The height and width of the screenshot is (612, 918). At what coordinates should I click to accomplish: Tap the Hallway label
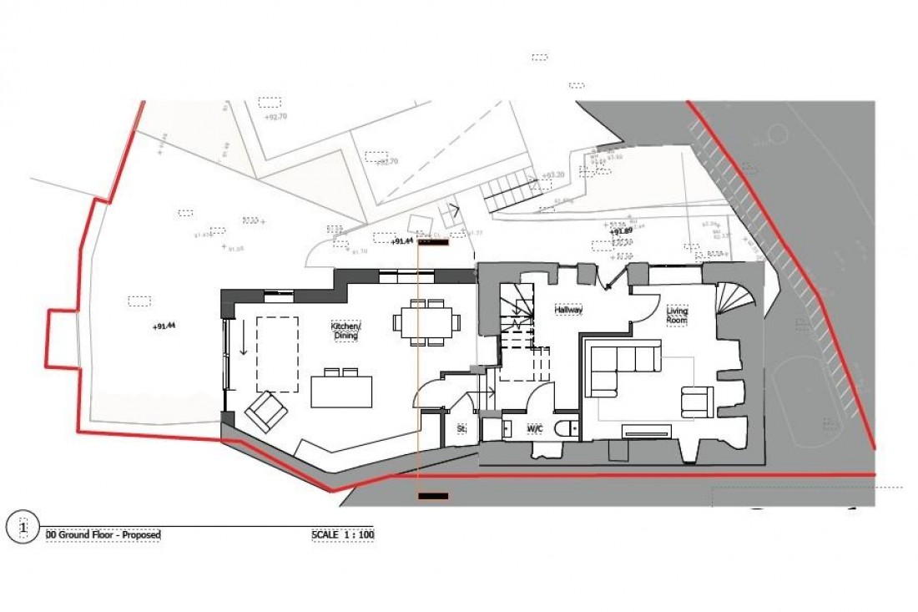(568, 310)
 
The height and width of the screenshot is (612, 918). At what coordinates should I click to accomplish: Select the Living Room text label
(677, 316)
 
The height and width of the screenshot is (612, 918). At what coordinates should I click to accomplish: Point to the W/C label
(535, 429)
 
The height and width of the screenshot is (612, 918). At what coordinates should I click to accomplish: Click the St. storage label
(460, 428)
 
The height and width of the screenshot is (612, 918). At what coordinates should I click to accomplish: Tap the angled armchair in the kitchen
(266, 411)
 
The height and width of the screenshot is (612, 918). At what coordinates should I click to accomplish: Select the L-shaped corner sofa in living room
(623, 367)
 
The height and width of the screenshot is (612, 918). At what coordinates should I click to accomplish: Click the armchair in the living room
(697, 401)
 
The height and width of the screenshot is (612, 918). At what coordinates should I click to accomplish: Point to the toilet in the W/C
(567, 428)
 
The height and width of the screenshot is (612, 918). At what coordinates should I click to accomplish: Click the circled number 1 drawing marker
(23, 528)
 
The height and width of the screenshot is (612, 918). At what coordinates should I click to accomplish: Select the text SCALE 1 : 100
(343, 535)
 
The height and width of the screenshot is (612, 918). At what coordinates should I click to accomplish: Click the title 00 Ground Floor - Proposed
(103, 535)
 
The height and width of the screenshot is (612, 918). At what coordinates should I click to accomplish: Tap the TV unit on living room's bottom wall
(646, 430)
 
